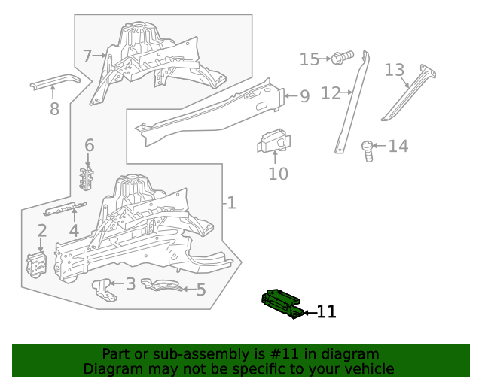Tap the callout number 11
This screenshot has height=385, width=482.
(x=326, y=311)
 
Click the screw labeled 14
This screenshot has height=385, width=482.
(x=368, y=150)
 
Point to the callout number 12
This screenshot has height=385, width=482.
(x=331, y=93)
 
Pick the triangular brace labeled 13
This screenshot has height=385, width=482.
(x=410, y=94)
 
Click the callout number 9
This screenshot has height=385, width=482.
(x=304, y=95)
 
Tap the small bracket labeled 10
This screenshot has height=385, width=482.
(x=275, y=142)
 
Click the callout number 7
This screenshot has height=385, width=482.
(x=87, y=56)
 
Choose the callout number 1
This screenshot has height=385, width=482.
(x=232, y=202)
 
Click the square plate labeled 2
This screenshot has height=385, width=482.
(x=37, y=265)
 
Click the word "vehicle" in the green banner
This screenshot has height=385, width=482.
(x=367, y=368)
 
